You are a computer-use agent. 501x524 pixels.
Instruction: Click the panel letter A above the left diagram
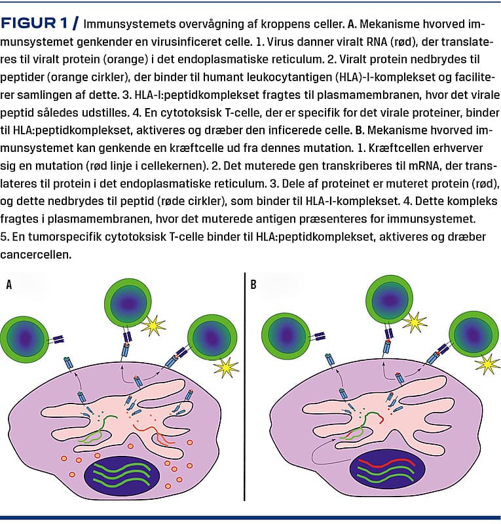click(x=9, y=284)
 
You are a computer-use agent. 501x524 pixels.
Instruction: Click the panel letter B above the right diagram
click(x=253, y=284)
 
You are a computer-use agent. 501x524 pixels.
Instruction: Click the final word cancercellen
click(x=36, y=254)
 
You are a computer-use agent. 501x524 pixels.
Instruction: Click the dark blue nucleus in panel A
click(x=121, y=476)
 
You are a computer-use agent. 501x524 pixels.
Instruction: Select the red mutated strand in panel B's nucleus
click(x=386, y=463)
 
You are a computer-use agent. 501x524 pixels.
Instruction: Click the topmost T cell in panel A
click(x=128, y=303)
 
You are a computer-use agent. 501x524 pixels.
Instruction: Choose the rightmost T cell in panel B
click(x=473, y=334)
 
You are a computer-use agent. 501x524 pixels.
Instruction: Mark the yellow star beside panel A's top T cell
click(x=153, y=325)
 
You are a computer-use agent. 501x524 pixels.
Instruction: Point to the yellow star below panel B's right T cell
click(x=487, y=365)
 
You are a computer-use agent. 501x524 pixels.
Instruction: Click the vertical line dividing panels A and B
click(x=245, y=386)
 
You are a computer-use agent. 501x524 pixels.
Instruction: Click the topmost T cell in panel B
click(x=390, y=299)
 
